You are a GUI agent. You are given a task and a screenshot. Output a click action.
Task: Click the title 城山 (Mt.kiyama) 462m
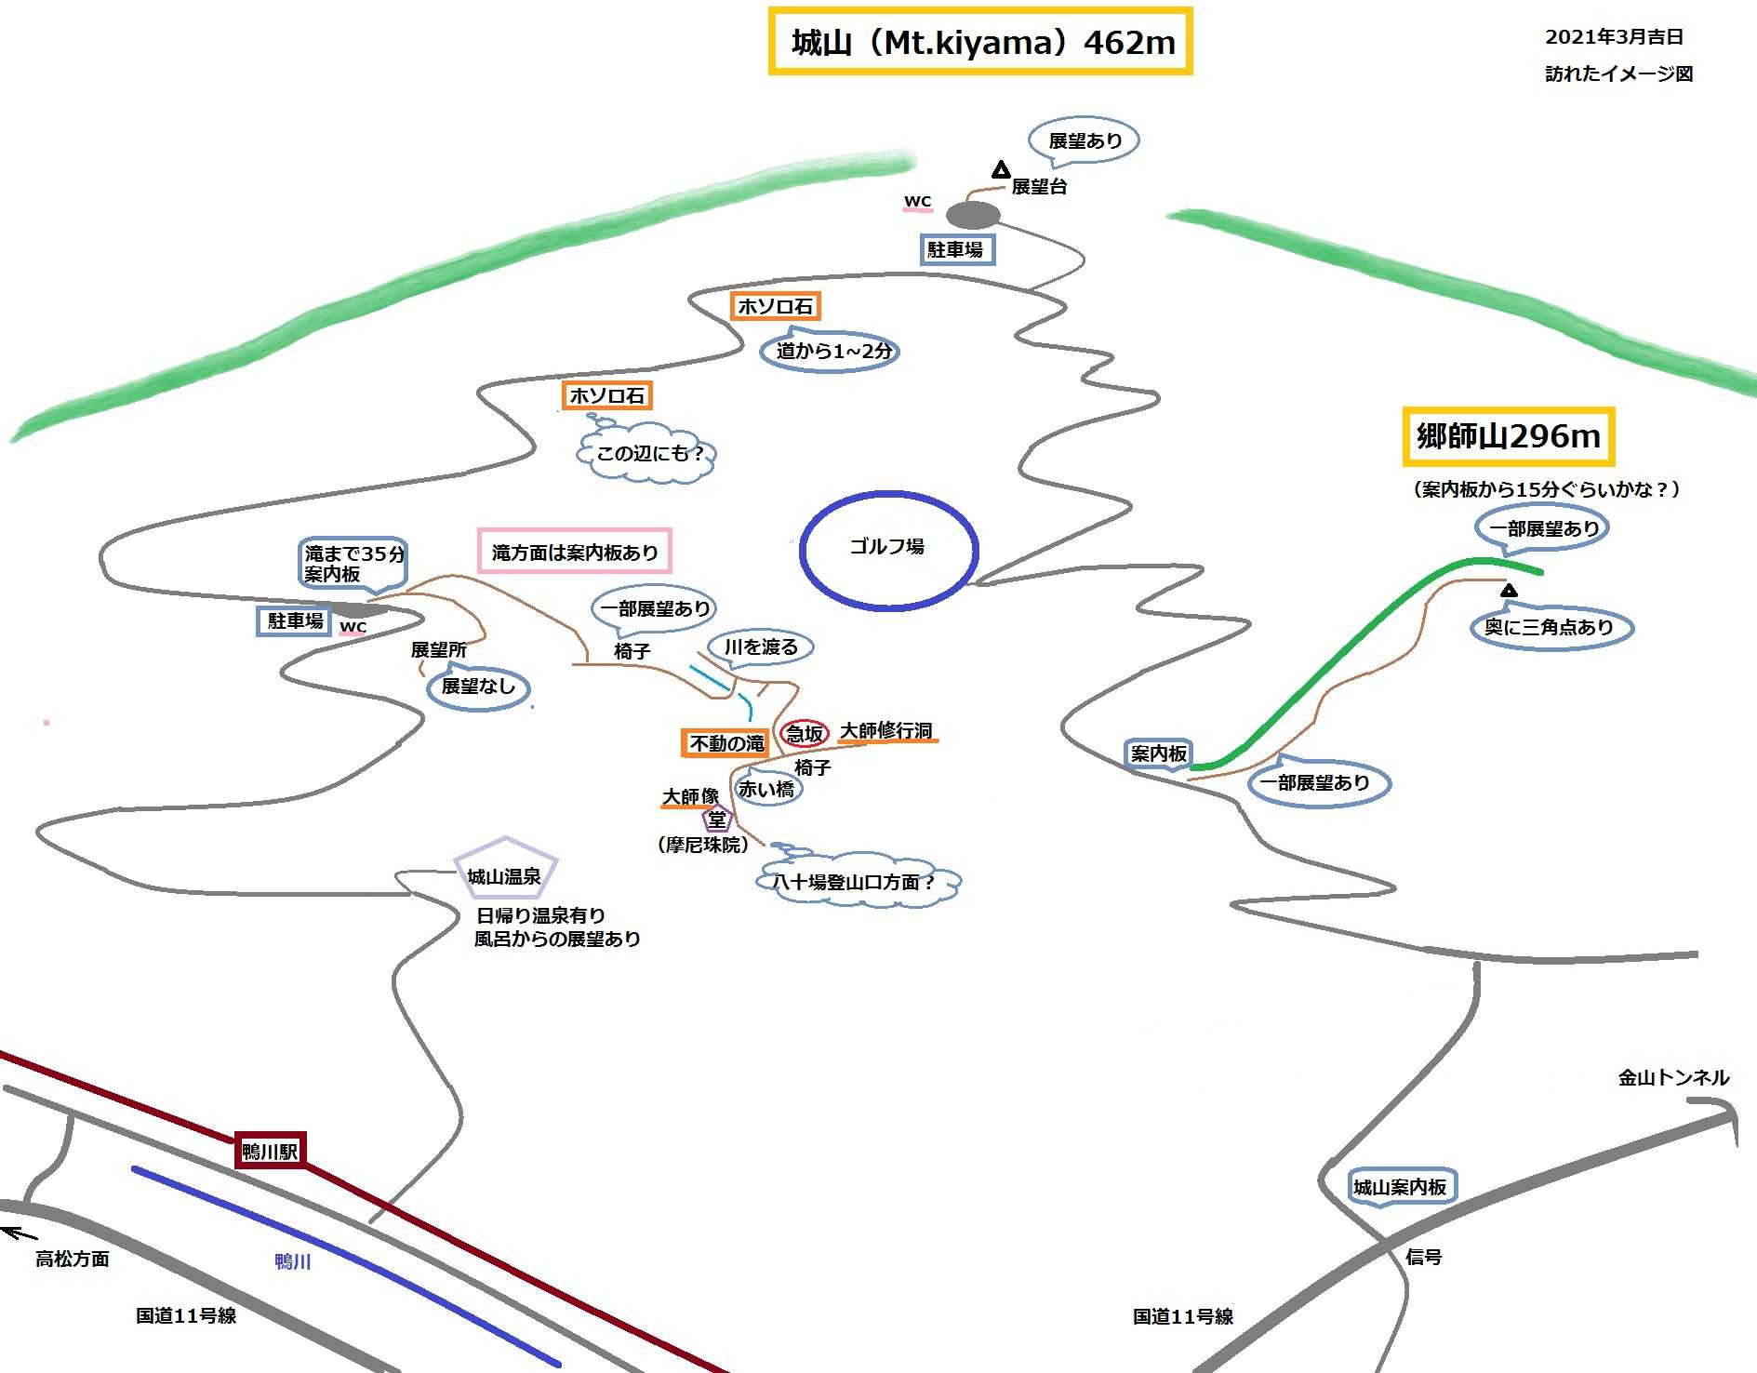(979, 42)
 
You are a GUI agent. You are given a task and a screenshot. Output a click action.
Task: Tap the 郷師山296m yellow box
(1508, 436)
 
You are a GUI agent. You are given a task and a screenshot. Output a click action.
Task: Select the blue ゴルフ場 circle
(888, 550)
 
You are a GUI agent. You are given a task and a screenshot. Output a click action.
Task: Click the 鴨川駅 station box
(270, 1152)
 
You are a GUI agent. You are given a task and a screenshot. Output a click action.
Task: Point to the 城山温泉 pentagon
(504, 873)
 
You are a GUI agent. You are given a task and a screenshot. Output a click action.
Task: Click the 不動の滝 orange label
(726, 743)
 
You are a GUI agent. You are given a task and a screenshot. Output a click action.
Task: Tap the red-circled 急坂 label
(805, 733)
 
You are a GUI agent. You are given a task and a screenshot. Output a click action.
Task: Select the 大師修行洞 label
(886, 731)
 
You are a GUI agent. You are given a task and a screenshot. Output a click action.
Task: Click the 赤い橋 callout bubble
(766, 789)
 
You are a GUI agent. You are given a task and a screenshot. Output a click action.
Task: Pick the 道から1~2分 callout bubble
(831, 351)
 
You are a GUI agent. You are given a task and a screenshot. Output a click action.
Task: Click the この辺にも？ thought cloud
(648, 454)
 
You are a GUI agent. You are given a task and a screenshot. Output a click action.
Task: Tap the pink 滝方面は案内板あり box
(574, 553)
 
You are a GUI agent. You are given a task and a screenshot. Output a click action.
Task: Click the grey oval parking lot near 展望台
(973, 216)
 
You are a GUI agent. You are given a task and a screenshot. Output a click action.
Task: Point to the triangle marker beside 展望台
(1001, 170)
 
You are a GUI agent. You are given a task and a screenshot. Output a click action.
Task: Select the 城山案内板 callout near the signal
(1400, 1187)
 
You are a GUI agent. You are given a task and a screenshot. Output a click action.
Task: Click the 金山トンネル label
(1673, 1078)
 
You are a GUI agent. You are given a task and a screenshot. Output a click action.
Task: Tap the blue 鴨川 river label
(292, 1261)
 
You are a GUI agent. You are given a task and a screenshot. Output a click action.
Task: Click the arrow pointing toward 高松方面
(19, 1233)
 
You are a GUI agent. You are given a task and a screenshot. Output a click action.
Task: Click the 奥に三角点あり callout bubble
(1549, 628)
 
